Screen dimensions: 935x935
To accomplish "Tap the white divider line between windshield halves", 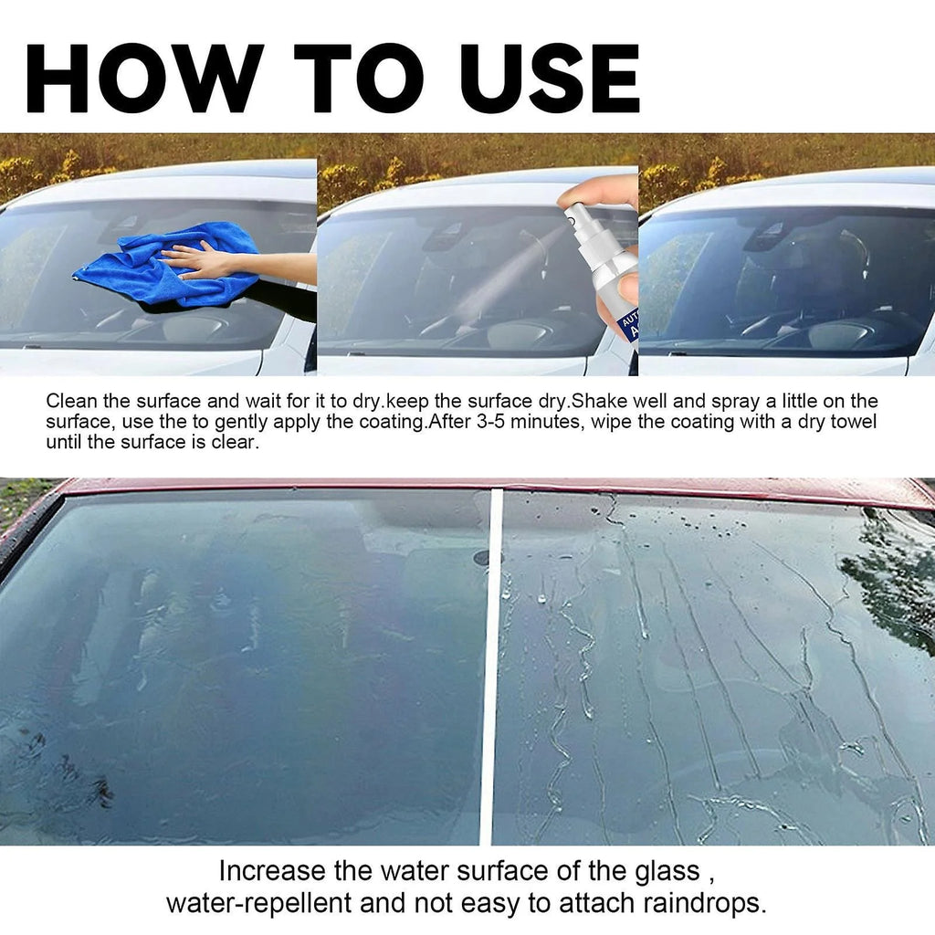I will pos(489,667).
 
